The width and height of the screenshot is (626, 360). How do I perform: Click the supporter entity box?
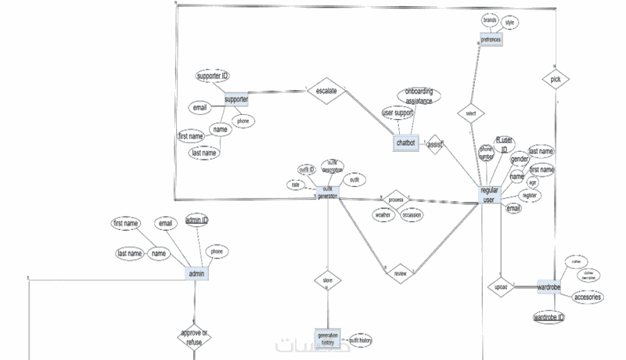(x=236, y=100)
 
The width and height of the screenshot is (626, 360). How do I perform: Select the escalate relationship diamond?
(x=326, y=91)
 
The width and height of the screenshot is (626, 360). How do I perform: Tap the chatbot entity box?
(x=406, y=143)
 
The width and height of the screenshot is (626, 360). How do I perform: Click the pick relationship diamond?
(x=555, y=80)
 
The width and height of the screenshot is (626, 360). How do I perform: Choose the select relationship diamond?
(x=470, y=114)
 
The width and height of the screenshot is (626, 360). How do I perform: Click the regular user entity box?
(x=489, y=196)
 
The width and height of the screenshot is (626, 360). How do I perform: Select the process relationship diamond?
(x=396, y=200)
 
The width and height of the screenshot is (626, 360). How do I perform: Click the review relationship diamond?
(x=400, y=273)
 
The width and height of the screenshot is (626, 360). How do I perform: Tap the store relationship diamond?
(x=327, y=279)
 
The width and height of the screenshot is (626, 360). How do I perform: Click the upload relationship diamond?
(x=501, y=287)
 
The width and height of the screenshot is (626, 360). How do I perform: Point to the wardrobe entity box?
(x=549, y=287)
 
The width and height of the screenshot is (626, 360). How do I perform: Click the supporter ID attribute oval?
(x=213, y=76)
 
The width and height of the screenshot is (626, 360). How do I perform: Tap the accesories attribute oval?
(x=588, y=297)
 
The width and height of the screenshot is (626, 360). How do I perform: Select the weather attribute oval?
(x=383, y=214)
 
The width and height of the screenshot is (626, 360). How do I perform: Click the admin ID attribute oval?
(x=196, y=221)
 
